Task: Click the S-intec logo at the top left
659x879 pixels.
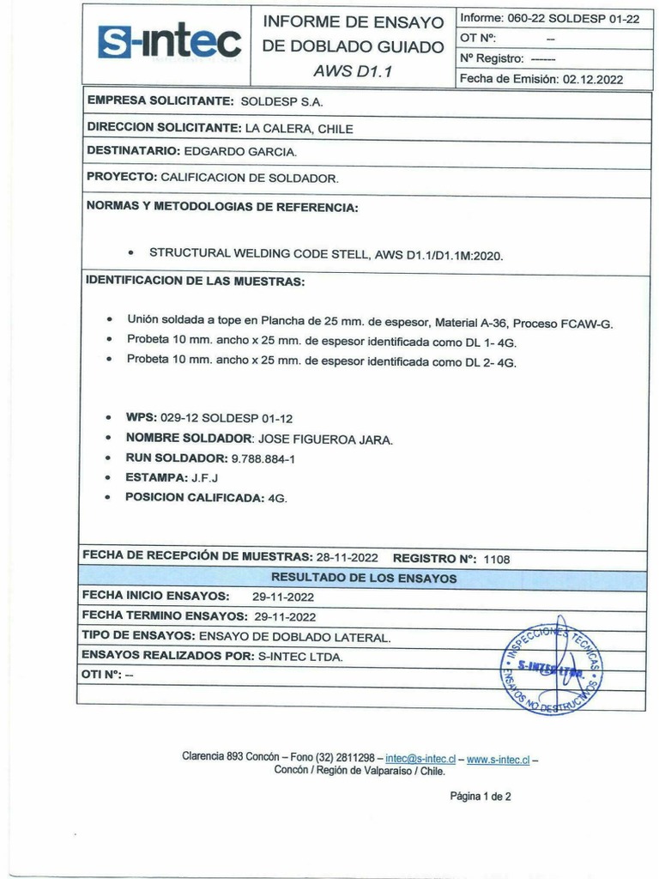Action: tap(169, 40)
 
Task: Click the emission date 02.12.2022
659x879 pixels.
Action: tap(593, 79)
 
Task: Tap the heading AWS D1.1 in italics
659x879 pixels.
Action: tap(352, 71)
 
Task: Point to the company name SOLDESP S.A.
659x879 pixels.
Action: tap(281, 101)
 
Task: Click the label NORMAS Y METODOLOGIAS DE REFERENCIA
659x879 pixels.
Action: tap(222, 208)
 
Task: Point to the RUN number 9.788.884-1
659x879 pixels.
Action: tap(263, 459)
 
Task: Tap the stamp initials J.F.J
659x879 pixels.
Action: tap(204, 478)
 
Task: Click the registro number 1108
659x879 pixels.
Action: tap(497, 559)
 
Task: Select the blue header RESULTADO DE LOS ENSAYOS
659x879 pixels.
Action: tap(364, 579)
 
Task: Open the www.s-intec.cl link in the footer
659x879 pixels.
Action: tap(498, 759)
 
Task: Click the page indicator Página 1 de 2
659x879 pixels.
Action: tap(480, 797)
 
